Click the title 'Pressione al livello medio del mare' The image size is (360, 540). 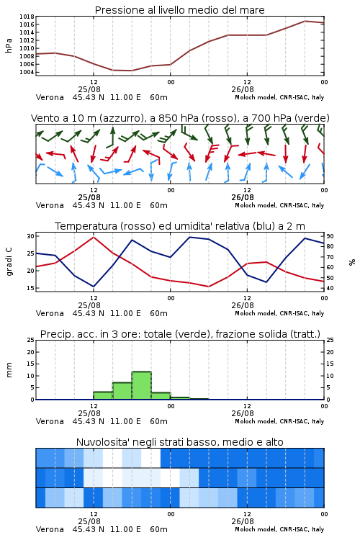179,10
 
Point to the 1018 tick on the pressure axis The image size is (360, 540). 27,17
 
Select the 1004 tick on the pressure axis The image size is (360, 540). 27,72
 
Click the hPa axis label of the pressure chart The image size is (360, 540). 9,45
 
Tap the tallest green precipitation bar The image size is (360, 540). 142,385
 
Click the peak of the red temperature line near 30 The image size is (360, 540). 94,237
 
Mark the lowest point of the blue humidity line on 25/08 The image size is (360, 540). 94,287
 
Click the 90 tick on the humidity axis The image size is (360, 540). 330,236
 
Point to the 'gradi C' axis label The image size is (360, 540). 9,262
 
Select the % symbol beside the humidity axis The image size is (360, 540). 352,262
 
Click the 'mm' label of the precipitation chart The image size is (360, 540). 9,370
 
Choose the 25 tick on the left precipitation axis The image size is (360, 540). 31,340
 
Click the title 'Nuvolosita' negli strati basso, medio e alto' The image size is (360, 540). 179,442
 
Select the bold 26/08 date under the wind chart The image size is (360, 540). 243,197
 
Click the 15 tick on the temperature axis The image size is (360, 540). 31,288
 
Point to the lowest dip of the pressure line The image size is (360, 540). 131,71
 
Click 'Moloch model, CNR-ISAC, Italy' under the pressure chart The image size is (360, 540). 279,97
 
